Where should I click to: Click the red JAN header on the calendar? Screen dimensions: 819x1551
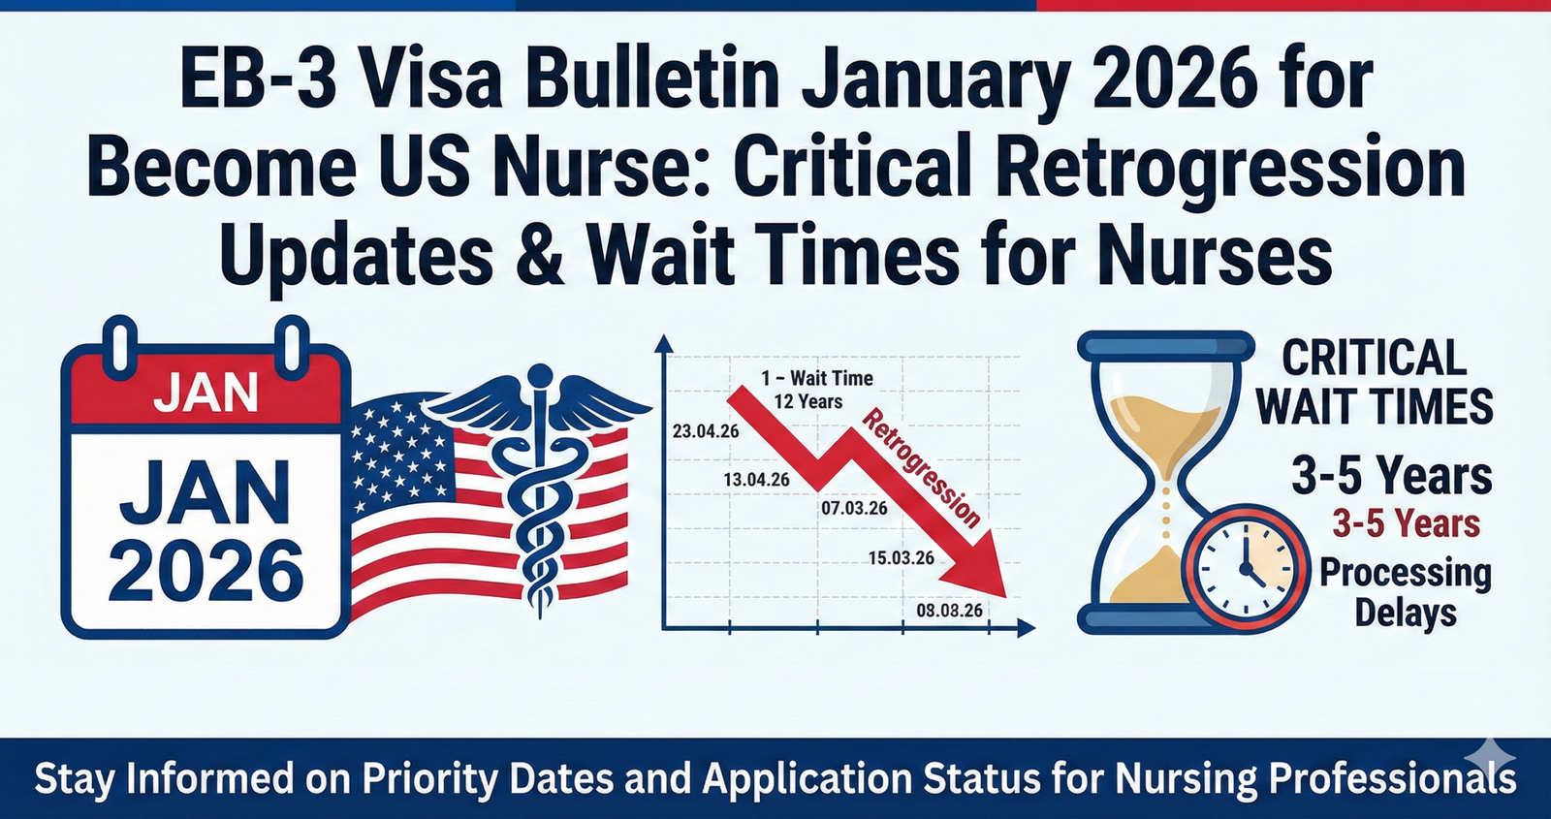pyautogui.click(x=206, y=393)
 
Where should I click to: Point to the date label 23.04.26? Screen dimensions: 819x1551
pyautogui.click(x=706, y=431)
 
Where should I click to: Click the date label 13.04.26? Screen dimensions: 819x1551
pyautogui.click(x=756, y=480)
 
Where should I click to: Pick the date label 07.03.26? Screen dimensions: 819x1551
pyautogui.click(x=854, y=508)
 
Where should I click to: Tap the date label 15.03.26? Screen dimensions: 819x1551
pyautogui.click(x=901, y=558)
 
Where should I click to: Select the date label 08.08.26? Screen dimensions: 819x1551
pyautogui.click(x=949, y=611)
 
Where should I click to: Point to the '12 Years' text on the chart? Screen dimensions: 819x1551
pyautogui.click(x=807, y=401)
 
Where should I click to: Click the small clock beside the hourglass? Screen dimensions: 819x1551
pyautogui.click(x=1244, y=568)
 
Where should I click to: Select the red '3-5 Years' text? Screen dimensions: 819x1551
pyautogui.click(x=1406, y=524)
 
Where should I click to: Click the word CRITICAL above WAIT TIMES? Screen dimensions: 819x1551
pyautogui.click(x=1374, y=359)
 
